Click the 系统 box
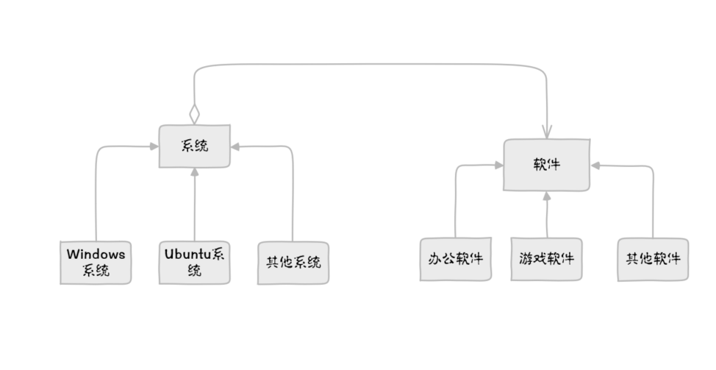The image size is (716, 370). [x=195, y=146]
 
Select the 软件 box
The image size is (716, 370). [x=546, y=165]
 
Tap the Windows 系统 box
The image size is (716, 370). [x=96, y=262]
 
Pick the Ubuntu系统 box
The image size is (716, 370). [x=195, y=262]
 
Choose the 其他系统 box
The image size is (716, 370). [x=293, y=262]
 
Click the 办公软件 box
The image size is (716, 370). [x=455, y=259]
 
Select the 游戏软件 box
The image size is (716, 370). [x=546, y=259]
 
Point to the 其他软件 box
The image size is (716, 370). [x=653, y=259]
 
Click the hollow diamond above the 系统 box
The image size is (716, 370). [x=194, y=115]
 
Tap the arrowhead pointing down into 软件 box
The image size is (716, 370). [x=548, y=132]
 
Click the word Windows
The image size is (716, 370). [x=96, y=255]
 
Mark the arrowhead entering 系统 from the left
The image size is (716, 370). [x=154, y=146]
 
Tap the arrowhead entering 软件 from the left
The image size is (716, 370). [x=498, y=166]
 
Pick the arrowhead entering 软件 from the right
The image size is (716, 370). [x=595, y=166]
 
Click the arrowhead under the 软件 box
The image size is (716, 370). [x=547, y=196]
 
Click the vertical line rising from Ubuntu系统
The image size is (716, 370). [x=195, y=210]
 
